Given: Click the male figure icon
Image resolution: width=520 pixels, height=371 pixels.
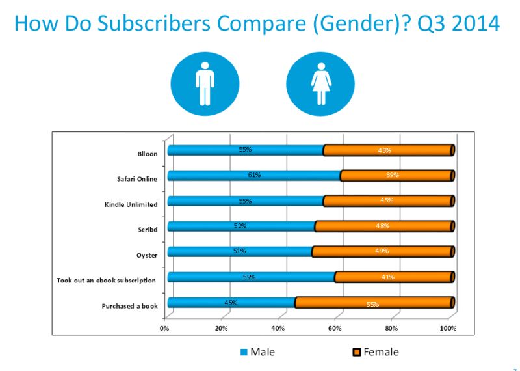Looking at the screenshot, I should pos(204,83).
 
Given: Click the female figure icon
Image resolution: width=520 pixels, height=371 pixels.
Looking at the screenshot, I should pos(320,83).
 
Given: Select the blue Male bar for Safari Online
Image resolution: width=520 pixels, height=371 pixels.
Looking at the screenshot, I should pos(253,175).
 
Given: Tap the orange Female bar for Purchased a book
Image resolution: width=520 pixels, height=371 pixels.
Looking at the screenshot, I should pos(374,303).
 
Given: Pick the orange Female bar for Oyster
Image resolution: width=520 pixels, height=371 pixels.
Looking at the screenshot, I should pos(382,252).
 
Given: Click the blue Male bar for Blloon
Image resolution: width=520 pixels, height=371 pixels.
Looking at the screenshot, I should pos(245,150).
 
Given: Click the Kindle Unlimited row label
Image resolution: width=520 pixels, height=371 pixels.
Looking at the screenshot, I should pos(131,204).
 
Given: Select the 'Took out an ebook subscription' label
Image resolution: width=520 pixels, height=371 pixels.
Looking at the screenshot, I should pos(107,281).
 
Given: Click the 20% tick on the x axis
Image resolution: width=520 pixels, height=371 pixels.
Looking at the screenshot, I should pos(222,328).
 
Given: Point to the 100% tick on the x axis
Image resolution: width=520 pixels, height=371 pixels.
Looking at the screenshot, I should pos(448,328).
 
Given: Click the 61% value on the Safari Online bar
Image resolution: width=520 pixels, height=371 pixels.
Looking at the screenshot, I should pos(253,174).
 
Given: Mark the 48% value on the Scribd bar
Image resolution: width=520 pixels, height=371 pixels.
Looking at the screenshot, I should pos(382,226).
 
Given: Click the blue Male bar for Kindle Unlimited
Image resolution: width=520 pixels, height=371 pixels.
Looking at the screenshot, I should pos(245,201).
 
